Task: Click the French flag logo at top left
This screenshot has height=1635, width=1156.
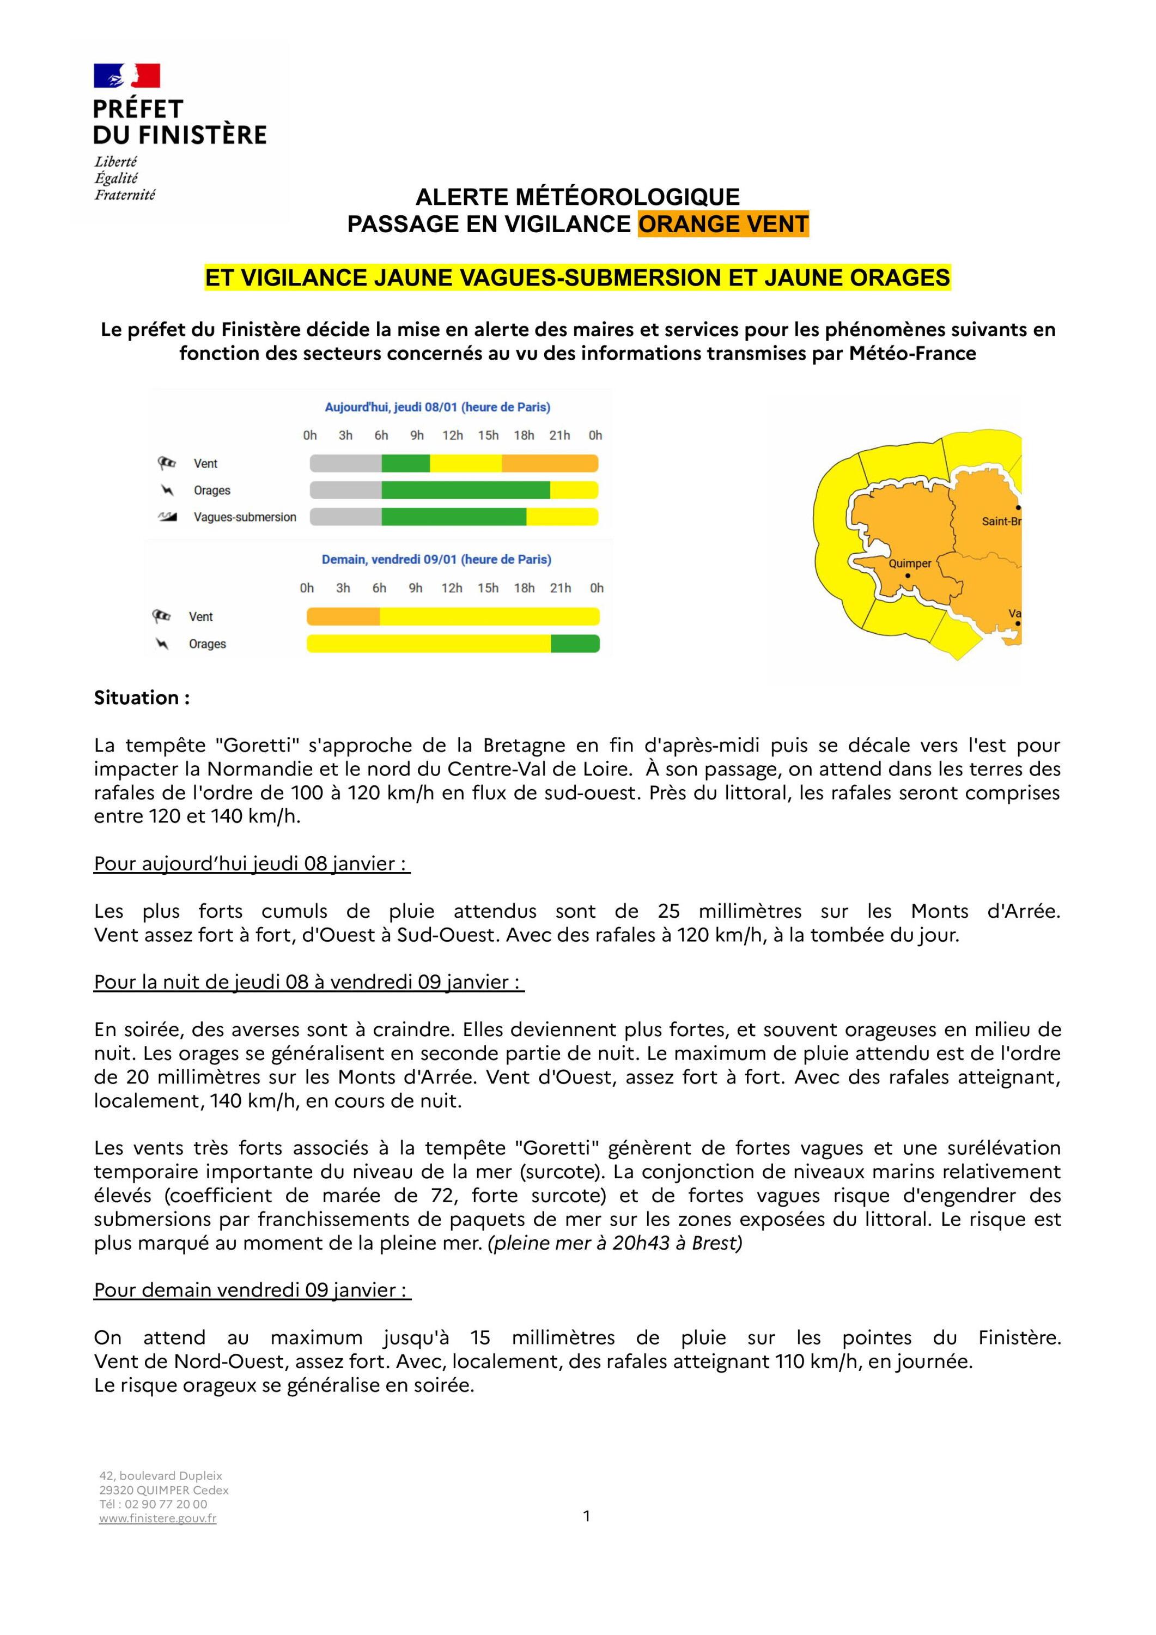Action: tap(127, 76)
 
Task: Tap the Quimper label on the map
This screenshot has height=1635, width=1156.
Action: tap(910, 564)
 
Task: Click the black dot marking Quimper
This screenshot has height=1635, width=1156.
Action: tap(908, 576)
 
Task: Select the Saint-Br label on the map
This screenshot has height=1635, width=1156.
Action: tap(1001, 521)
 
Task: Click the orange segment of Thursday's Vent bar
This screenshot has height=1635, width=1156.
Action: tap(550, 464)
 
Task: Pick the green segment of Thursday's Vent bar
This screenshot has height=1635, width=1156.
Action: tap(406, 464)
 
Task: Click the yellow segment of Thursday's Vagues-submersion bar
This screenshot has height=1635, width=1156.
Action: tap(562, 517)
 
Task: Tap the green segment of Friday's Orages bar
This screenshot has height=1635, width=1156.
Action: tap(575, 644)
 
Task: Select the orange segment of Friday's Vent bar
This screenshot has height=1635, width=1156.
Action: tap(343, 617)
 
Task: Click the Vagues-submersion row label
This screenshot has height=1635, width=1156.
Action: tap(245, 517)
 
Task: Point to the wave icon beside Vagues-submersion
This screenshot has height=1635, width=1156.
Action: tap(167, 517)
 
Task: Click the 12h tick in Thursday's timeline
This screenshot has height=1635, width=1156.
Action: tap(453, 435)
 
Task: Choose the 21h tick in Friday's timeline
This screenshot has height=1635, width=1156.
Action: tap(560, 588)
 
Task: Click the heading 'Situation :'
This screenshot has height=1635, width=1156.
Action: tap(142, 698)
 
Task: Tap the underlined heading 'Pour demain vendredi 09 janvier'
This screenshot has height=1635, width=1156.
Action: tap(252, 1291)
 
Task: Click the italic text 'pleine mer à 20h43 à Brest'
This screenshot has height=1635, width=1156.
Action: tap(615, 1243)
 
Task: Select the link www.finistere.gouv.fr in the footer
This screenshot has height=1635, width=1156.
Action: tap(157, 1518)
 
